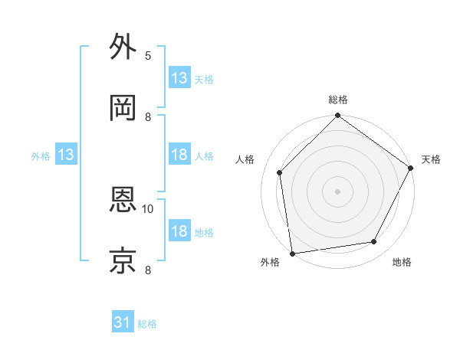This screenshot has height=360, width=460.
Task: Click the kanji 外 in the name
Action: pos(123,47)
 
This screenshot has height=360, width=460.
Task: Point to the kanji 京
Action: pos(123,260)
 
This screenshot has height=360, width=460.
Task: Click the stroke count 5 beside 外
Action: pos(148,55)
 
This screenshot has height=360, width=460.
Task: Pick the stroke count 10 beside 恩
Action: pos(149,208)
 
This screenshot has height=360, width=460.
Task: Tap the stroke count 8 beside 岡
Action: pos(148,116)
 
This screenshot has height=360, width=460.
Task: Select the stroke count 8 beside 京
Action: pos(148,269)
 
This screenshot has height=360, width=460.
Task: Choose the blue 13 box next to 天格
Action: pos(179,78)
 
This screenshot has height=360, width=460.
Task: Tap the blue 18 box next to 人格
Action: pos(179,155)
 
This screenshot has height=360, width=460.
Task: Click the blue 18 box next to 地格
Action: pos(179,231)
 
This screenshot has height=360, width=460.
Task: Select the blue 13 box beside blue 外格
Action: pos(66,155)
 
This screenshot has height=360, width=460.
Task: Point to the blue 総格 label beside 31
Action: pos(147,324)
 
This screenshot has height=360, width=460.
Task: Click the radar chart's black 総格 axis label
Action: pos(338,100)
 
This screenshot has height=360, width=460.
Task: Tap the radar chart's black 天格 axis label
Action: pos(431,159)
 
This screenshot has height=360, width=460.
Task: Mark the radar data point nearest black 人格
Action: pos(280,172)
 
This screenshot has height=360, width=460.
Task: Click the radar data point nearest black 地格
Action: pos(374,241)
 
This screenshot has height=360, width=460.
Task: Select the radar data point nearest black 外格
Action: pos(292,253)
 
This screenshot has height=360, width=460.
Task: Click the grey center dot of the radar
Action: pos(338,191)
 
